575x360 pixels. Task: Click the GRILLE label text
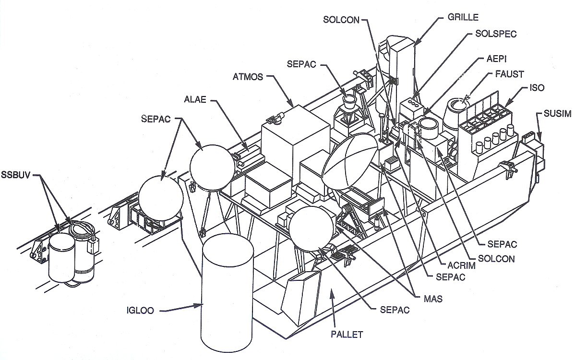pyautogui.click(x=463, y=18)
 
